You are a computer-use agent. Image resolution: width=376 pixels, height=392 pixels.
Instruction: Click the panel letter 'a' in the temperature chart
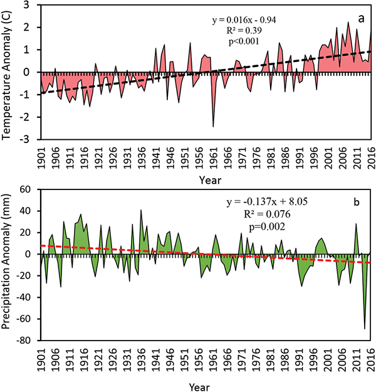click(x=362, y=19)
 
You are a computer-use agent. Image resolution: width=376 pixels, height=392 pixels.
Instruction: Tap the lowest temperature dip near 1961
click(x=213, y=127)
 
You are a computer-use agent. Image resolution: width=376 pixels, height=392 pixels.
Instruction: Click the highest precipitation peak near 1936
click(x=141, y=210)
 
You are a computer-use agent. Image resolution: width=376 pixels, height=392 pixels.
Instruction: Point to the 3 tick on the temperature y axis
click(x=29, y=6)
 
